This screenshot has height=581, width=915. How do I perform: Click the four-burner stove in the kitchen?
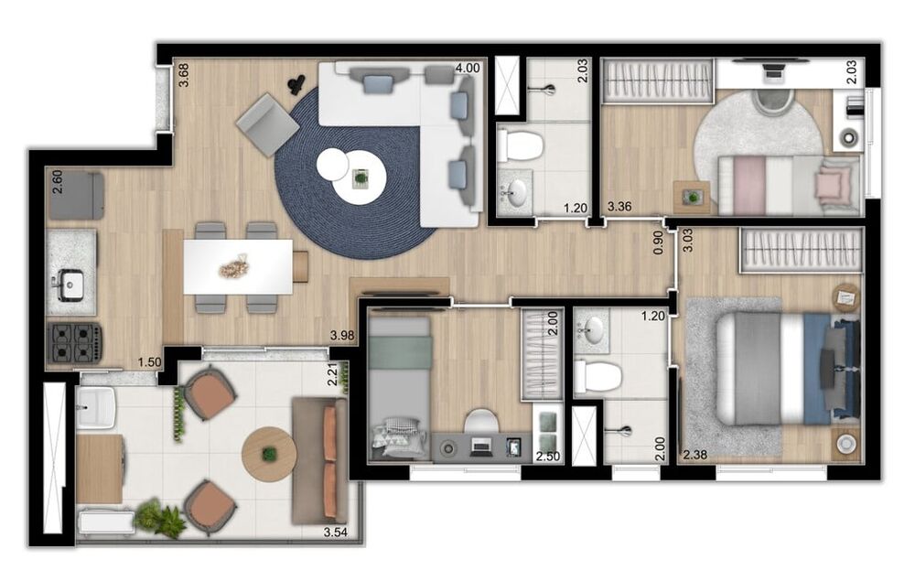(74, 341)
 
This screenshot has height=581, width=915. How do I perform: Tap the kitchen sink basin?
(70, 285)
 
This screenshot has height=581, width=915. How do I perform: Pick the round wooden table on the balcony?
(269, 453)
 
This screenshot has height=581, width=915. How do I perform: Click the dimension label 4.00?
(467, 68)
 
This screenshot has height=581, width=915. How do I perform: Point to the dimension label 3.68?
(184, 74)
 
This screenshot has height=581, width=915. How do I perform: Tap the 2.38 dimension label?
(694, 453)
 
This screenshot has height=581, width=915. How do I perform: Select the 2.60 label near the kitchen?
(57, 178)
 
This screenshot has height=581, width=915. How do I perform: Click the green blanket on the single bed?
(400, 351)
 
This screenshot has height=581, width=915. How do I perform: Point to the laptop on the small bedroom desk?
(479, 447)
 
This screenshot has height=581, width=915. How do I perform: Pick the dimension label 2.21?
(334, 375)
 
